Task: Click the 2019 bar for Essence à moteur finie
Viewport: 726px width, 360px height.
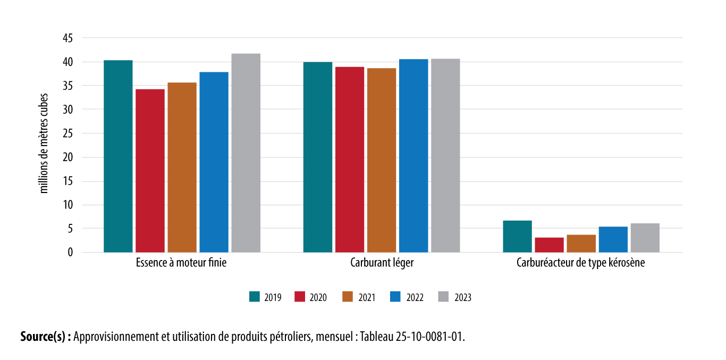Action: pyautogui.click(x=118, y=156)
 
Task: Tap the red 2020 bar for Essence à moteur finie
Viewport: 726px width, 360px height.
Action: pyautogui.click(x=150, y=171)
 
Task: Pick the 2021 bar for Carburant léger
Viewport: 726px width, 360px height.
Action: pyautogui.click(x=382, y=160)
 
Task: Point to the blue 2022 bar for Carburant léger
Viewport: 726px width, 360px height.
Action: pyautogui.click(x=413, y=156)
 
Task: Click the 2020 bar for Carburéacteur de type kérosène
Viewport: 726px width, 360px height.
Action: pyautogui.click(x=549, y=245)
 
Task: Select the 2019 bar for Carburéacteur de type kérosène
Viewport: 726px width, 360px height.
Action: pyautogui.click(x=517, y=236)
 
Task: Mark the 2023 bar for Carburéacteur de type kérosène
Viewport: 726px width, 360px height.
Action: pyautogui.click(x=645, y=238)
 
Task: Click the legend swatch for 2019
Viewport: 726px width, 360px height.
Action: pyautogui.click(x=254, y=297)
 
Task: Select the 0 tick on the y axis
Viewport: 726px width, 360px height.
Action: pyautogui.click(x=70, y=253)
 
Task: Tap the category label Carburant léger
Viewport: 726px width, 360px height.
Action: pyautogui.click(x=382, y=263)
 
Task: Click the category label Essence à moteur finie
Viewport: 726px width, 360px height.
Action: pyautogui.click(x=181, y=263)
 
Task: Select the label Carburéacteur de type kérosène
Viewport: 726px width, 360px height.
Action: pyautogui.click(x=580, y=263)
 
